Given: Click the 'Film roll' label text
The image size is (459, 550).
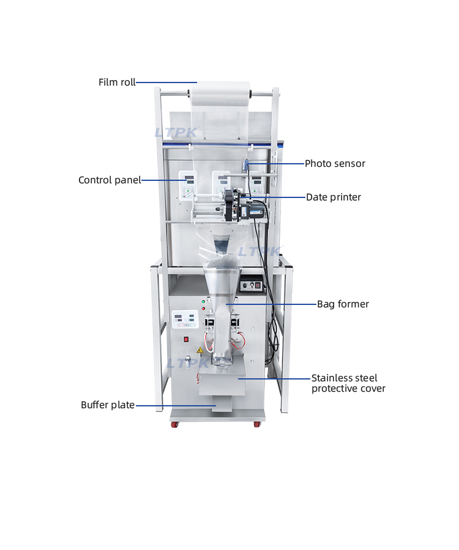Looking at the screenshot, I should pos(117,82).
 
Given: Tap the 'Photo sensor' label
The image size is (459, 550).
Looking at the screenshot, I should pos(335,164).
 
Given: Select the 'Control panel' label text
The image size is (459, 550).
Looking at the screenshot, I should pos(110,180).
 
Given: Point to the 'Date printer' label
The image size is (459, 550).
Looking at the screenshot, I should pos(334,197).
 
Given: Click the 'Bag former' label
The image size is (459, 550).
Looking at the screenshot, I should pos(343,304).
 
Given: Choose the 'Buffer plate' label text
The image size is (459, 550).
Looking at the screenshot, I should pos(108,405).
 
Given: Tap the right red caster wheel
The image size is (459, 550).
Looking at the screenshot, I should pos(256,424).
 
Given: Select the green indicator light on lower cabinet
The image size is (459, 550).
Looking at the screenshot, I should pos(203,302).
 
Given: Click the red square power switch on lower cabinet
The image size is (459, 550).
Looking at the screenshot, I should pos(186,339).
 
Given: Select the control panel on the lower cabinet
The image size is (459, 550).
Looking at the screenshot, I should pos(185,320).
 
